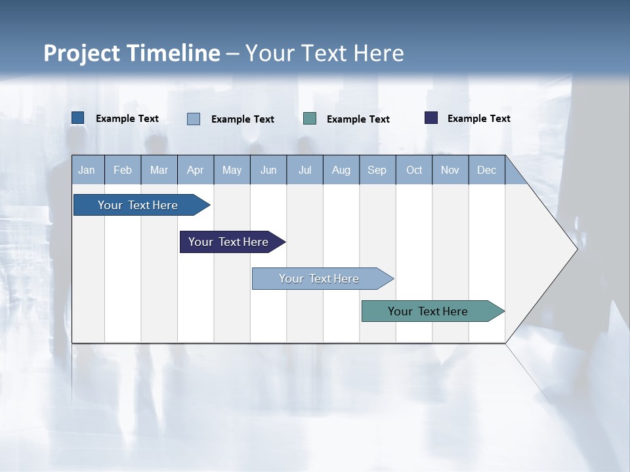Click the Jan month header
coord(87,170)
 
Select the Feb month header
coord(123,170)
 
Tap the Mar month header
coord(159,170)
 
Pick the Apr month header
coord(195,170)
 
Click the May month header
coord(232,170)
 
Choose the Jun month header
coord(268,170)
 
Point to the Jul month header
coord(304,170)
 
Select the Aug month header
coord(341,170)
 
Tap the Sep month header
coord(377,170)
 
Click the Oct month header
coord(414,170)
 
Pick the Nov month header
coord(450,170)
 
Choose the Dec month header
coord(486,170)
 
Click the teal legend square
coord(310,118)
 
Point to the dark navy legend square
coord(431,118)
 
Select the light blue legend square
coord(194,119)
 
